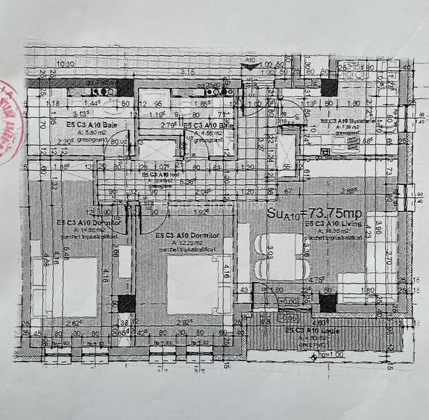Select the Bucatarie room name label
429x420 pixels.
350,121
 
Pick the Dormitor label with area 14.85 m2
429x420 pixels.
83,223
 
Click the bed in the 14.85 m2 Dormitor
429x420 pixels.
78,286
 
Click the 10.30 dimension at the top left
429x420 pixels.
65,64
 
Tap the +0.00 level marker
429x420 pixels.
286,301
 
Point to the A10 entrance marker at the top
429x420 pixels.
250,57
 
